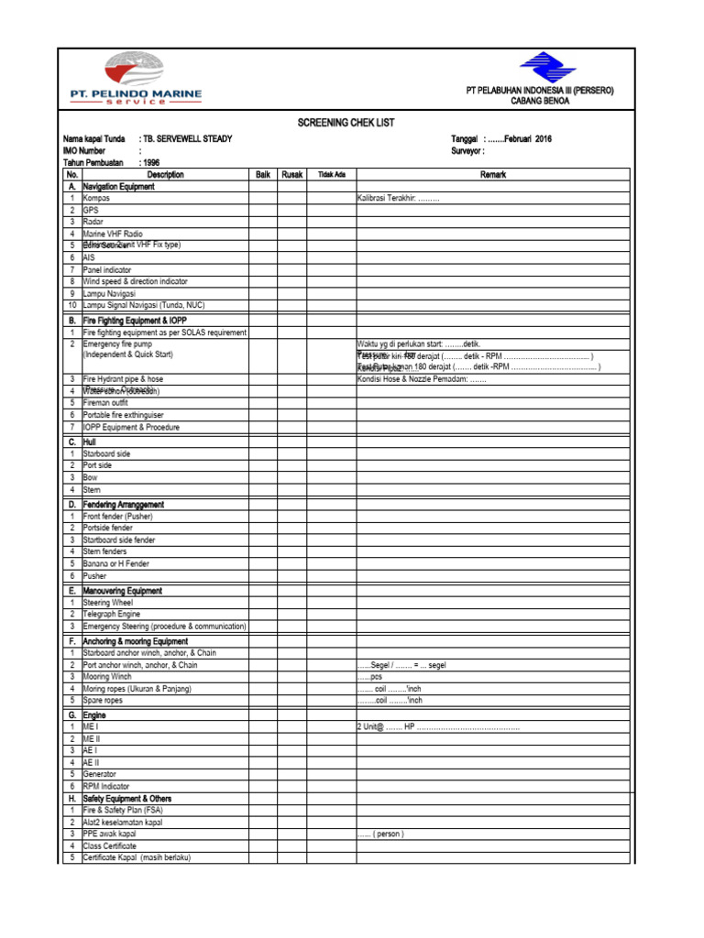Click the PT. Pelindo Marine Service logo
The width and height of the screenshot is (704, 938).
(136, 81)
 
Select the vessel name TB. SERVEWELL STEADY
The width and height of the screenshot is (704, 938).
(189, 138)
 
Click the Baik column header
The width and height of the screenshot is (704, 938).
(263, 174)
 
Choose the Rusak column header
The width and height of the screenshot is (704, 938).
(292, 174)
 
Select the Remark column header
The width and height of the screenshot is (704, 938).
(492, 174)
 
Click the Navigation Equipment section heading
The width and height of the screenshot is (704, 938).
(118, 186)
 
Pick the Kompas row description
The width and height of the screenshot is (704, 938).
(96, 198)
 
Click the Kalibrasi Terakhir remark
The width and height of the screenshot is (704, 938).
(399, 198)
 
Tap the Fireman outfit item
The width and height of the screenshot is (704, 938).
(105, 402)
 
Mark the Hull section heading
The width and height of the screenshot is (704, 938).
(90, 442)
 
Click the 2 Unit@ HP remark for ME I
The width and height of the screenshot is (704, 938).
(438, 726)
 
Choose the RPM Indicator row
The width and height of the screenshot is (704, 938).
(106, 786)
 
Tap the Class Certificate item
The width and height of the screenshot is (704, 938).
(110, 845)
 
